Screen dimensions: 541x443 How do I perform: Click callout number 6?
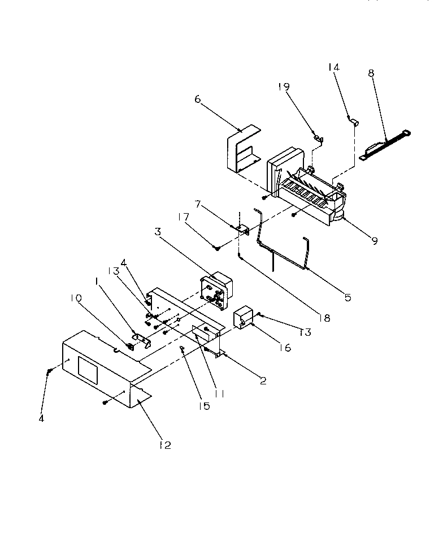197,99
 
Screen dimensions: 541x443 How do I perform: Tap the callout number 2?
262,380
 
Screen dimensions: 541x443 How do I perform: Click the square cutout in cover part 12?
88,373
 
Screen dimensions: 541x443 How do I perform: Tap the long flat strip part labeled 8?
384,146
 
